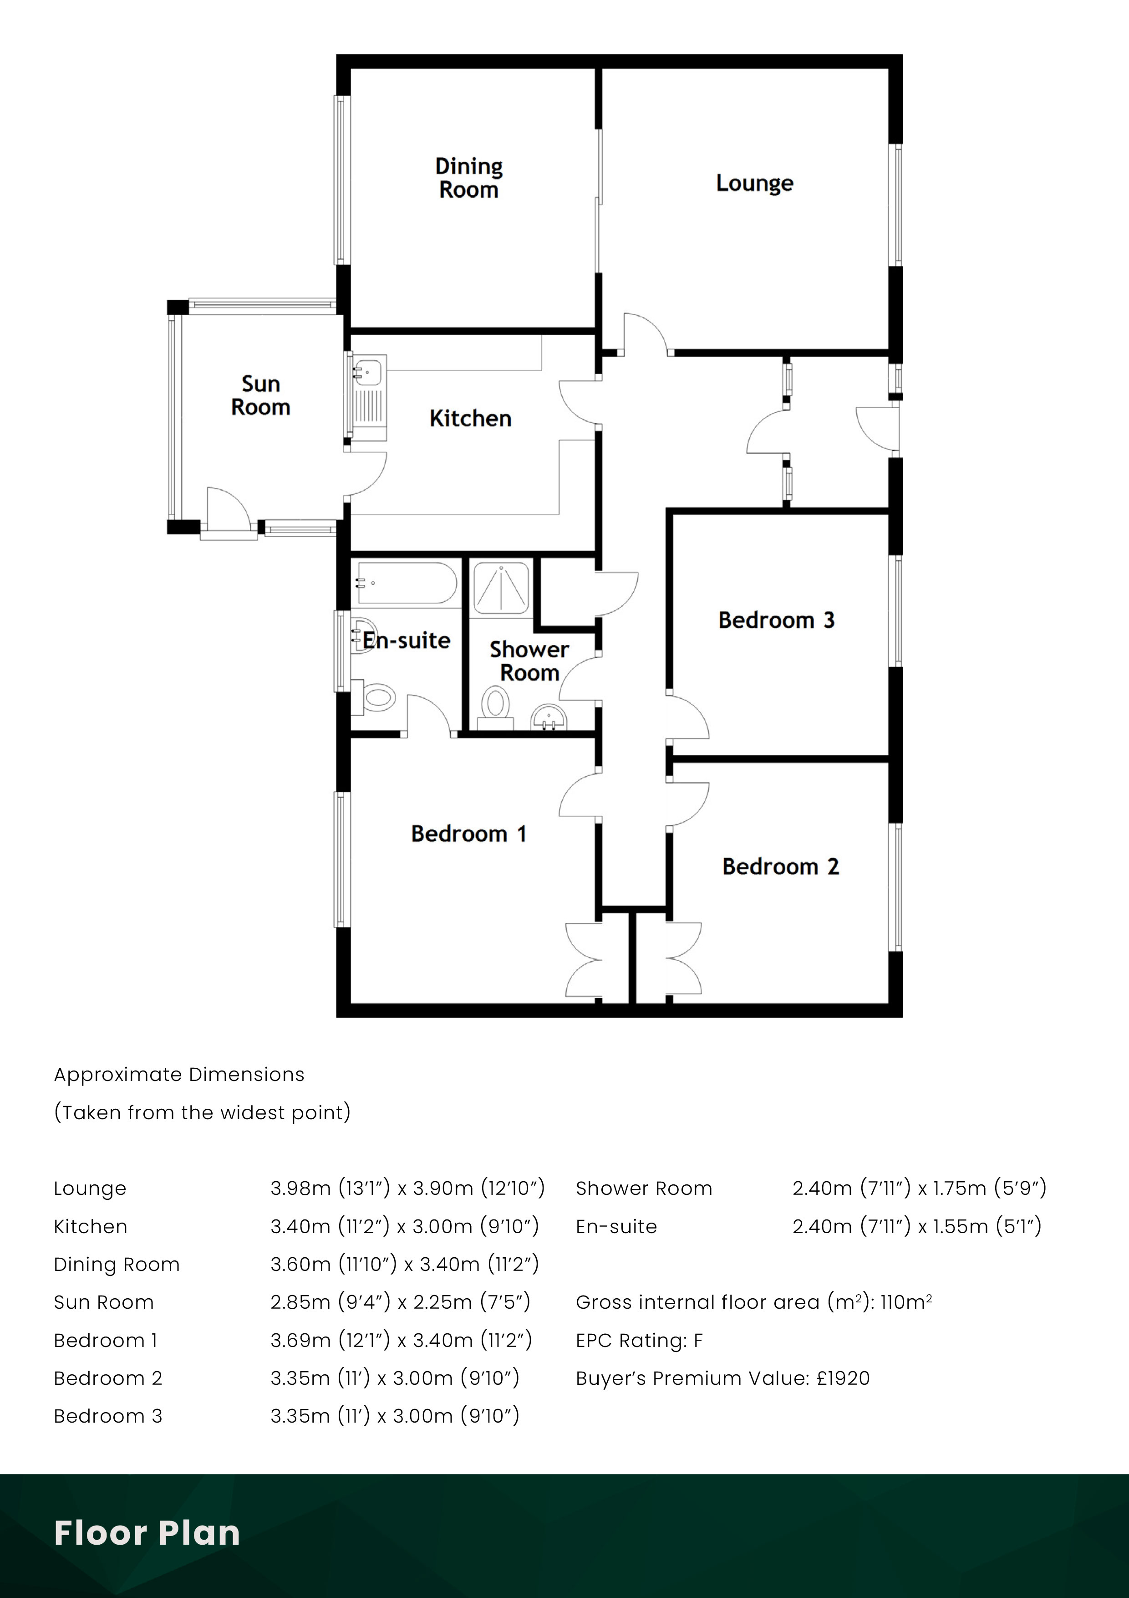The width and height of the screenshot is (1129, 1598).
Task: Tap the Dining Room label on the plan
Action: click(469, 178)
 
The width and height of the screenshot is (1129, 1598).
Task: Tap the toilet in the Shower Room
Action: click(496, 704)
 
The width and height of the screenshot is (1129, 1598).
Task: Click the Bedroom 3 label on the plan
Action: click(776, 620)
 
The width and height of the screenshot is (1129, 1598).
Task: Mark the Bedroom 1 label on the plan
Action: click(469, 834)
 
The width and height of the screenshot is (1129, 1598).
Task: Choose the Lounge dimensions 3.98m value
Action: click(300, 1188)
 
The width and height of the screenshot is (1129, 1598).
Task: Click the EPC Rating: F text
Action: click(639, 1341)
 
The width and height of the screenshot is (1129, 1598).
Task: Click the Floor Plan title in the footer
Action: click(147, 1532)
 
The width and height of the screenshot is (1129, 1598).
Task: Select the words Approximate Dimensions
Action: click(179, 1075)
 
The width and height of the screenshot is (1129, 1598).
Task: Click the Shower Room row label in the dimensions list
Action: click(643, 1188)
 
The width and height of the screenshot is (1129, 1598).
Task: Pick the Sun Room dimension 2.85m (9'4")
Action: click(330, 1302)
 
